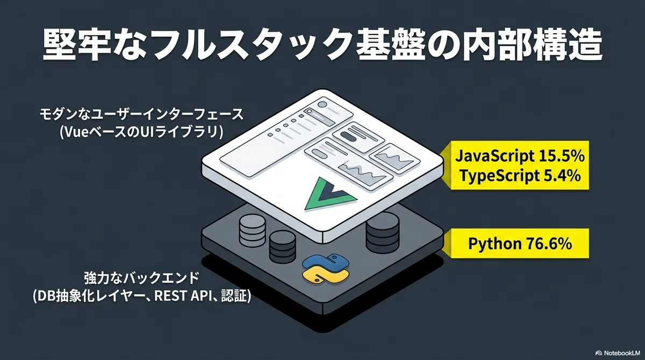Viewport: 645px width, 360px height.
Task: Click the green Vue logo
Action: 331,193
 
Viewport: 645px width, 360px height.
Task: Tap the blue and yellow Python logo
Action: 325,268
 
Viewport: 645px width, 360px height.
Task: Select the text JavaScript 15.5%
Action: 520,156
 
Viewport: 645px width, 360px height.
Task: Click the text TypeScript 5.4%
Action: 520,176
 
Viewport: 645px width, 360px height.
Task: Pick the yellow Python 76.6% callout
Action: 515,243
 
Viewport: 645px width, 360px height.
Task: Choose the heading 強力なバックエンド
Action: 142,278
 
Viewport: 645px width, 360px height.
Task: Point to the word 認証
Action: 234,296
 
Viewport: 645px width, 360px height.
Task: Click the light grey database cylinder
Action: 252,230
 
